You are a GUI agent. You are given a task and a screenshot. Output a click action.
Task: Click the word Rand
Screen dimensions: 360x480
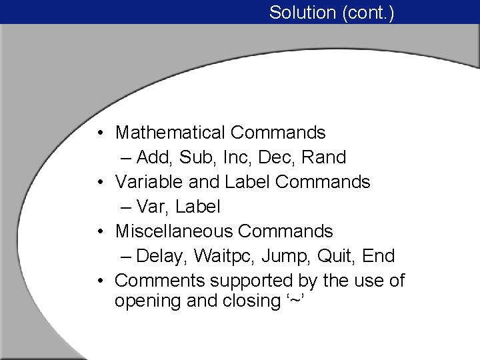click(x=324, y=157)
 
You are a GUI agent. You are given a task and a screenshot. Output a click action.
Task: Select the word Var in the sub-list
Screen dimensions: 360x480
click(x=152, y=207)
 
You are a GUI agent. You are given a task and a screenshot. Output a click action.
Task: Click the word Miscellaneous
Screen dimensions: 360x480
click(x=173, y=231)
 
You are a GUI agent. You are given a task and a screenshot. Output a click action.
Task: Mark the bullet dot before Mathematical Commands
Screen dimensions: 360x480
click(x=99, y=133)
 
